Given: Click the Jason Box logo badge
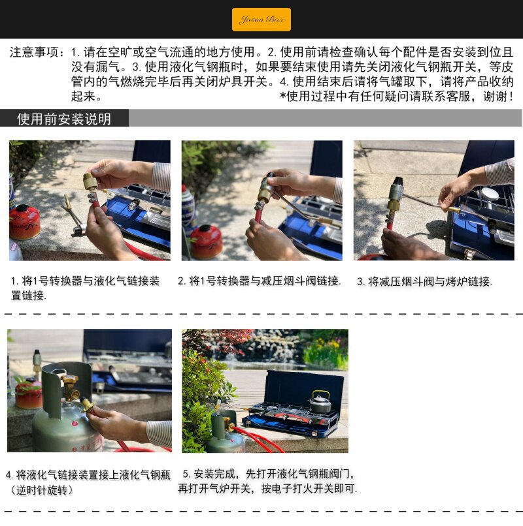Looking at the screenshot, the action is click(261, 20).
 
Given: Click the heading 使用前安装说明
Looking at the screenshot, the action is click(64, 119).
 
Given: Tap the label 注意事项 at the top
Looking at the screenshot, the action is click(34, 52).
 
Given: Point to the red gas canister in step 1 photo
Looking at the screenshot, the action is click(25, 222).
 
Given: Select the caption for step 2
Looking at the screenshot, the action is click(260, 281).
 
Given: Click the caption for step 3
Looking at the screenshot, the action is click(424, 281).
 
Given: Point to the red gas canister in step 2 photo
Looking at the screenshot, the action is click(206, 241).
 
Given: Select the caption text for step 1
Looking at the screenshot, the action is click(85, 288).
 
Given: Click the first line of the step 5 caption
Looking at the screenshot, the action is click(268, 474).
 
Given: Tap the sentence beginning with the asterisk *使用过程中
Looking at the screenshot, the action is click(397, 97).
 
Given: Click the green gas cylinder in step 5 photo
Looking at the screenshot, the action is click(224, 432).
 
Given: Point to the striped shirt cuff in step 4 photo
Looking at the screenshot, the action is click(160, 433).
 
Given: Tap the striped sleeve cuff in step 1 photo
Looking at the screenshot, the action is click(161, 177).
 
